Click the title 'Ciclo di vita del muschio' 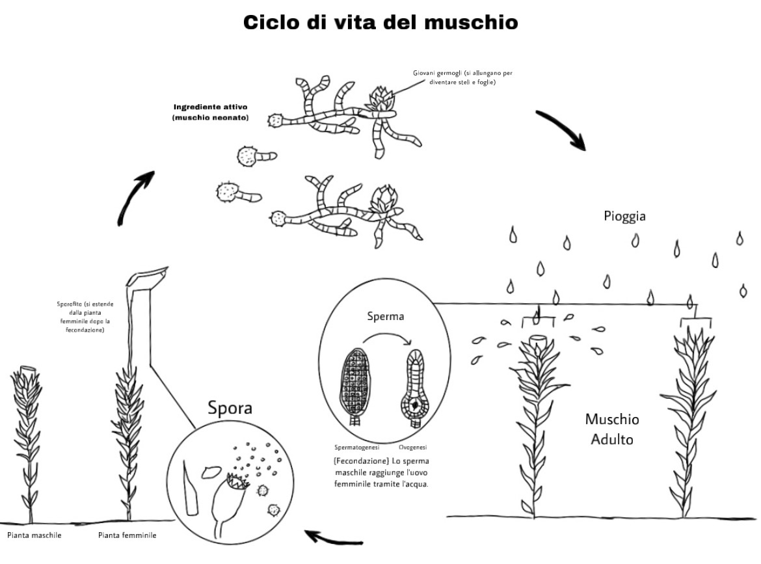tap(380, 22)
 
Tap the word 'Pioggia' tap(624, 215)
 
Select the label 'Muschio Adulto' tap(612, 429)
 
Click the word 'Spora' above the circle tap(230, 409)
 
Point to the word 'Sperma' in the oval tap(385, 317)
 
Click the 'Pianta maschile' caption tap(34, 535)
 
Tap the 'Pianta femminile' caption tap(127, 535)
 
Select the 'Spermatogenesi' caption tap(356, 448)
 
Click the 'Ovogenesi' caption tap(412, 448)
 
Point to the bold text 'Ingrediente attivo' tap(211, 107)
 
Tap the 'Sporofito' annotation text tap(85, 317)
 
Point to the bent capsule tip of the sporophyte tap(147, 276)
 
